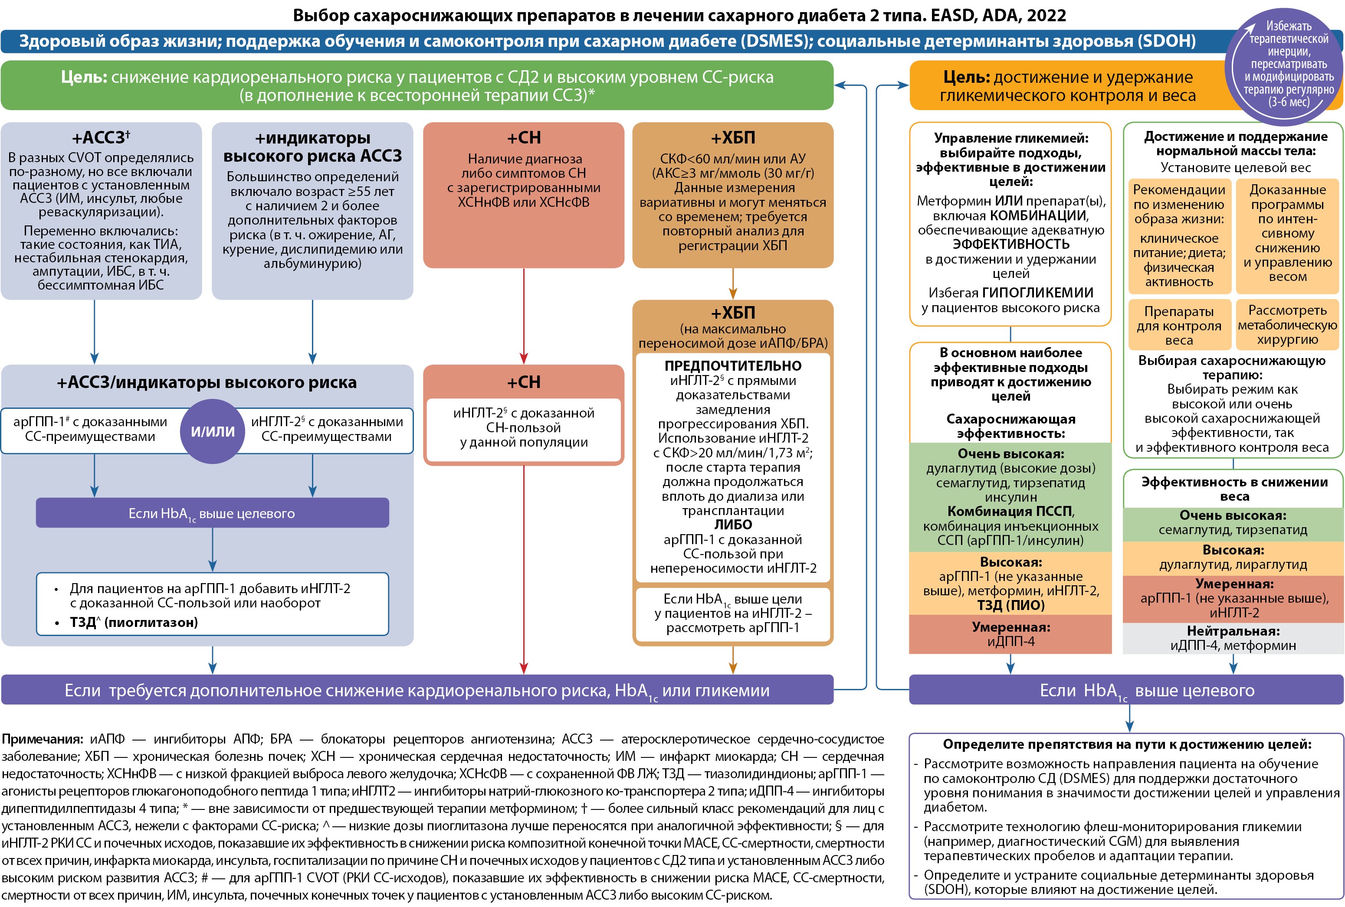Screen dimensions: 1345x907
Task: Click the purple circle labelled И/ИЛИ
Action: point(213,431)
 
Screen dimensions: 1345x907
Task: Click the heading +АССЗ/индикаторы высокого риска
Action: point(207,382)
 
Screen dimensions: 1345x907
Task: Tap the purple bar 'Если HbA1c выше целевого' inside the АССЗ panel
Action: point(213,512)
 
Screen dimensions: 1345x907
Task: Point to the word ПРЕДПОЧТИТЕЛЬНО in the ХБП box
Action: point(733,365)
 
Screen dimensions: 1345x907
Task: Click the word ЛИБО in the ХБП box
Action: point(733,525)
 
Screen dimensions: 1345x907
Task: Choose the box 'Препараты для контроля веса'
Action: point(1179,325)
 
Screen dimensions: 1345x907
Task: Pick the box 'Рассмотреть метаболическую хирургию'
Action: point(1287,325)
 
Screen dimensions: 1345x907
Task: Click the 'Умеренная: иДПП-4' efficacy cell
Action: point(1010,634)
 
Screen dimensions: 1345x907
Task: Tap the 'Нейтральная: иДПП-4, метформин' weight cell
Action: point(1233,638)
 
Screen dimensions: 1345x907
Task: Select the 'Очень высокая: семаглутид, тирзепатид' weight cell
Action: point(1233,522)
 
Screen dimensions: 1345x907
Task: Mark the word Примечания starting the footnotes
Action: point(43,739)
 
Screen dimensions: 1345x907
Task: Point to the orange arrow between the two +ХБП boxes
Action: point(733,284)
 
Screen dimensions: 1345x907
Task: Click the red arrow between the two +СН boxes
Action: point(524,316)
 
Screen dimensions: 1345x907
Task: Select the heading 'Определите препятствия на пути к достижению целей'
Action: point(1127,744)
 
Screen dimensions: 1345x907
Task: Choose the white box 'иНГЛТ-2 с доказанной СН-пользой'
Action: point(524,427)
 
